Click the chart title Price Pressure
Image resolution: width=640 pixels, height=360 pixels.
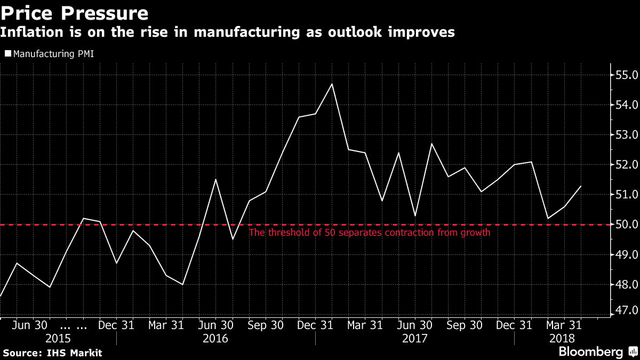74,13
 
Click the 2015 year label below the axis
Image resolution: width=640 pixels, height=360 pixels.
58,339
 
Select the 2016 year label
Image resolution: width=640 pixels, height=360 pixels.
215,339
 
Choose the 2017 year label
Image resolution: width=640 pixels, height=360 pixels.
415,339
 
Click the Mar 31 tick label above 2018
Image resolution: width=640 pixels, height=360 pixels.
564,325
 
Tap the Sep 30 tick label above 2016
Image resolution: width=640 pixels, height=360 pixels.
265,325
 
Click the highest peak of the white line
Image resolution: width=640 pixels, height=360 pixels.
332,84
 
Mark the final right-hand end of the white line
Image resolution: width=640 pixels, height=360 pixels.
581,186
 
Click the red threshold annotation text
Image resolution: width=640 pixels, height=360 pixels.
370,233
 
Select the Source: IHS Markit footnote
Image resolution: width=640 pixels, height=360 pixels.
52,353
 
